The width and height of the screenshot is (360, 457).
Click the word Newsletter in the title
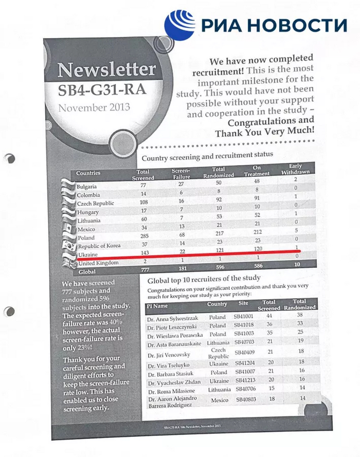106,69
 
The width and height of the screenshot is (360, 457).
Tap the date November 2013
94,108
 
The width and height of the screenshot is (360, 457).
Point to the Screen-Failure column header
181,173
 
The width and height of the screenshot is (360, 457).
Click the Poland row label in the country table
86,237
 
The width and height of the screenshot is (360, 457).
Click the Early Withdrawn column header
296,169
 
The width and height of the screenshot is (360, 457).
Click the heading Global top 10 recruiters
204,281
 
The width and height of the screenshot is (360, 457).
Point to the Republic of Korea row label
98,246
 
